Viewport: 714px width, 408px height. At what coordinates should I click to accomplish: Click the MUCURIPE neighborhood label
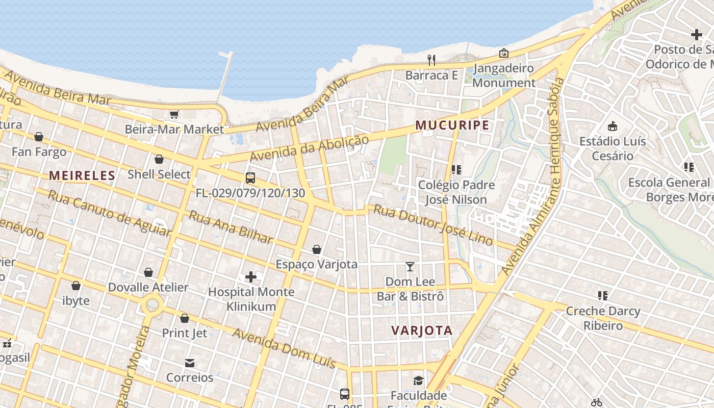[452, 125]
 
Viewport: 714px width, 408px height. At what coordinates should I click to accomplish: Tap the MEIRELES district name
[82, 176]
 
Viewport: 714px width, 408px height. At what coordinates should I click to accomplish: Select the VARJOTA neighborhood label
[422, 330]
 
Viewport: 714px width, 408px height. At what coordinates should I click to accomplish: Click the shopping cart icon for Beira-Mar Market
[174, 114]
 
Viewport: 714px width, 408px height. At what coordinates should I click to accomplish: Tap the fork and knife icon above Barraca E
[431, 60]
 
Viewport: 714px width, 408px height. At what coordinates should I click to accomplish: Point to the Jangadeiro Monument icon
[503, 53]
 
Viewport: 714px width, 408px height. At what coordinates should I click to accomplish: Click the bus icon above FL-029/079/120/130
[250, 178]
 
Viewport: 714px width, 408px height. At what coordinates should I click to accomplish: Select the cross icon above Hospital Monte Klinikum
[251, 277]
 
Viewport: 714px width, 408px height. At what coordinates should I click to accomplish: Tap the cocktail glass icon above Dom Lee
[410, 266]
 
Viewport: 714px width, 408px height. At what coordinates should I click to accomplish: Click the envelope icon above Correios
[190, 363]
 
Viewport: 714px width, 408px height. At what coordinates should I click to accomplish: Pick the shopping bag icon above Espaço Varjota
[317, 249]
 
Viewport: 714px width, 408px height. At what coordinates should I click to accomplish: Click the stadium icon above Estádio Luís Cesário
[613, 126]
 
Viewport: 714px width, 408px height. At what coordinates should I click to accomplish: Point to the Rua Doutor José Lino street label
[433, 224]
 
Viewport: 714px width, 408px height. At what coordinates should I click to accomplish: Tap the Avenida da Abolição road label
[309, 148]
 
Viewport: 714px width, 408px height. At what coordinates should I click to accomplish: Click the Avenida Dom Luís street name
[284, 348]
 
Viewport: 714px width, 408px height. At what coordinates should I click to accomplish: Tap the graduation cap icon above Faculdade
[418, 381]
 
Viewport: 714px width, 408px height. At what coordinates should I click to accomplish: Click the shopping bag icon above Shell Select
[159, 159]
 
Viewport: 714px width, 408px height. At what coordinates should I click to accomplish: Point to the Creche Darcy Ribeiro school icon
[603, 296]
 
